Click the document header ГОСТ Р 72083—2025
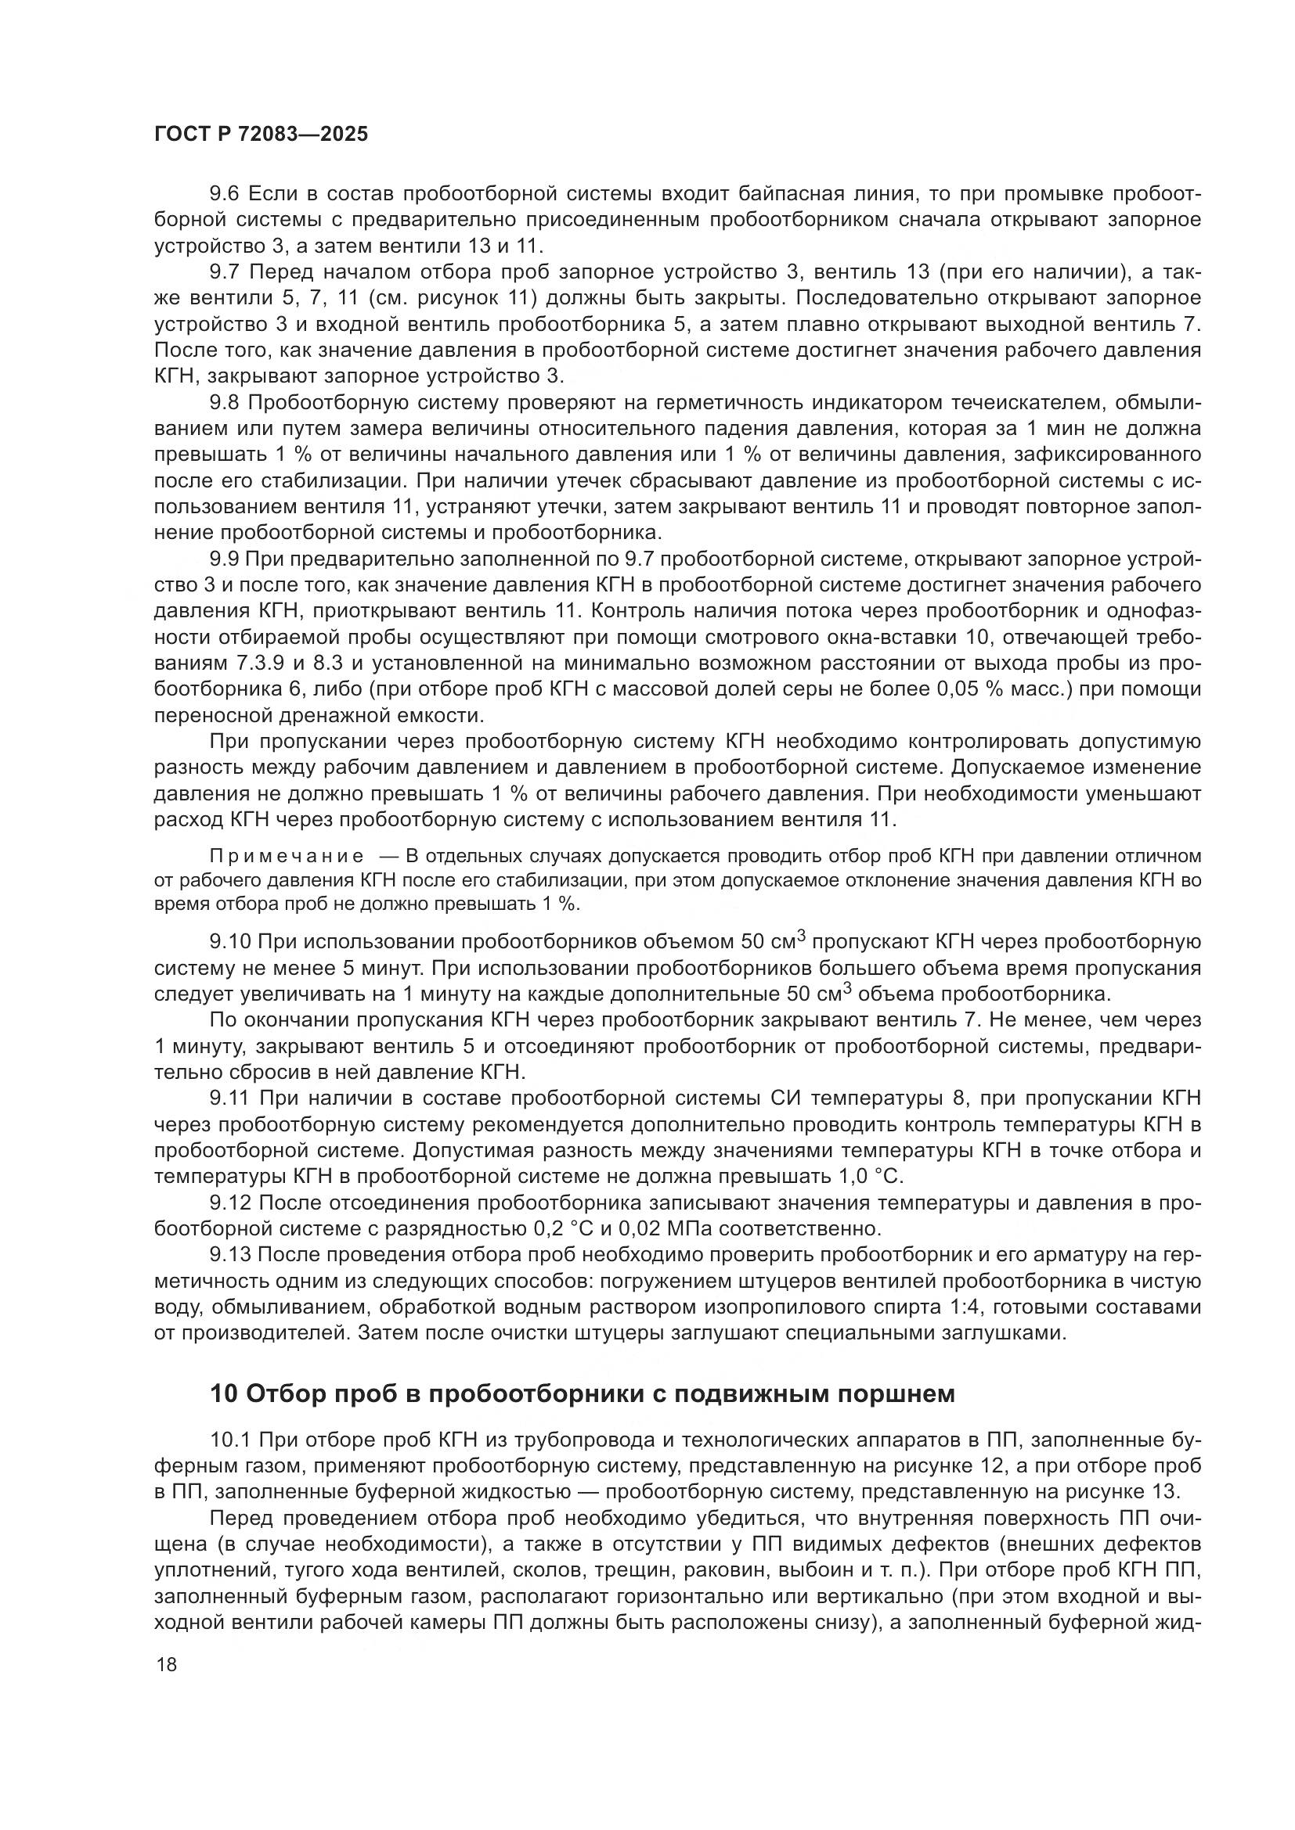click(261, 134)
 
